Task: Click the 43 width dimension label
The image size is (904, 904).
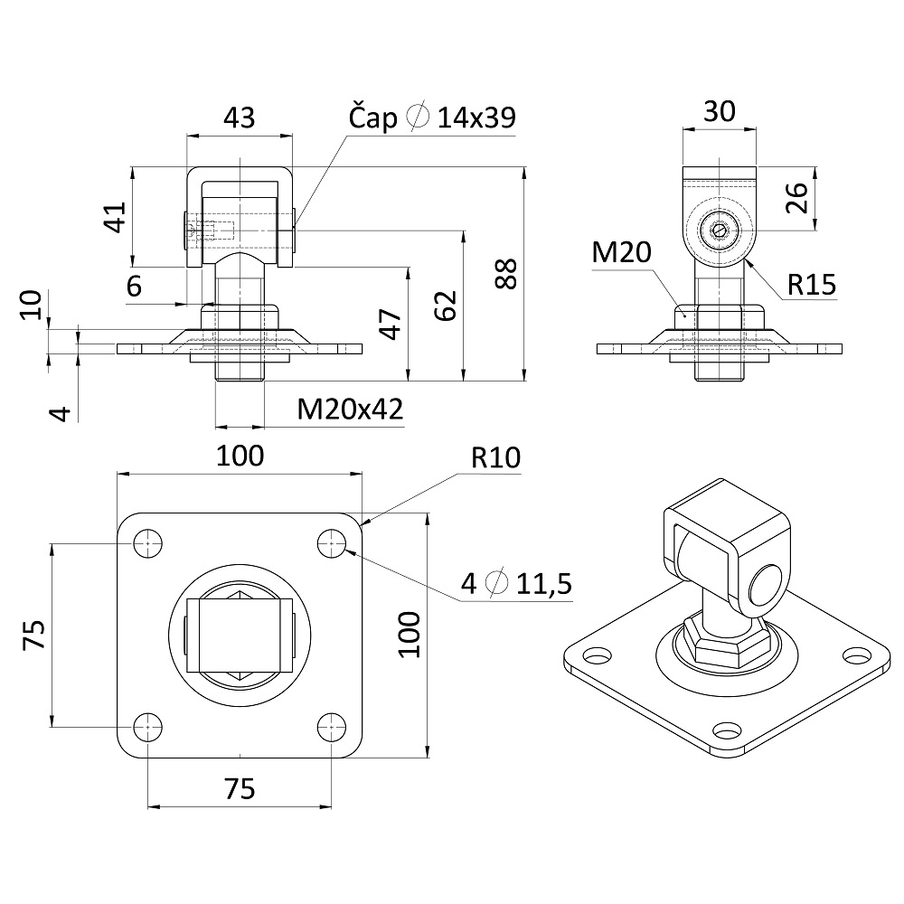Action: [239, 117]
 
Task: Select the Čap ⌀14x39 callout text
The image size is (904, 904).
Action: [432, 118]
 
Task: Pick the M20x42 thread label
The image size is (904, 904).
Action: [350, 410]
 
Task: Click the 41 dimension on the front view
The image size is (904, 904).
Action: [114, 217]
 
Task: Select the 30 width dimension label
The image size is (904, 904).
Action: [719, 111]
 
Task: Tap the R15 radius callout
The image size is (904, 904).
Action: [811, 285]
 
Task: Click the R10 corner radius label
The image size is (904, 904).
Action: [496, 457]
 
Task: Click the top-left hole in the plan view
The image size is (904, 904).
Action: [148, 543]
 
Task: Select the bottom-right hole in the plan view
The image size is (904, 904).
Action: [333, 725]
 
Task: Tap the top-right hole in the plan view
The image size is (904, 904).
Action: [333, 543]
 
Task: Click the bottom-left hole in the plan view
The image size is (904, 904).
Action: [148, 725]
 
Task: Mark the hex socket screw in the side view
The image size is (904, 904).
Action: [719, 231]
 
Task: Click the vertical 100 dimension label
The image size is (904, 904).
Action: [408, 634]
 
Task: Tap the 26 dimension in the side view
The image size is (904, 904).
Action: [796, 197]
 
